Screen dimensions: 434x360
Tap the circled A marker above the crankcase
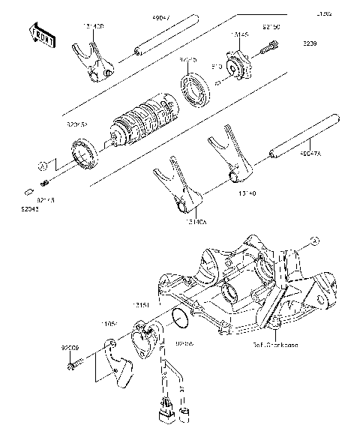pyautogui.click(x=315, y=261)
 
